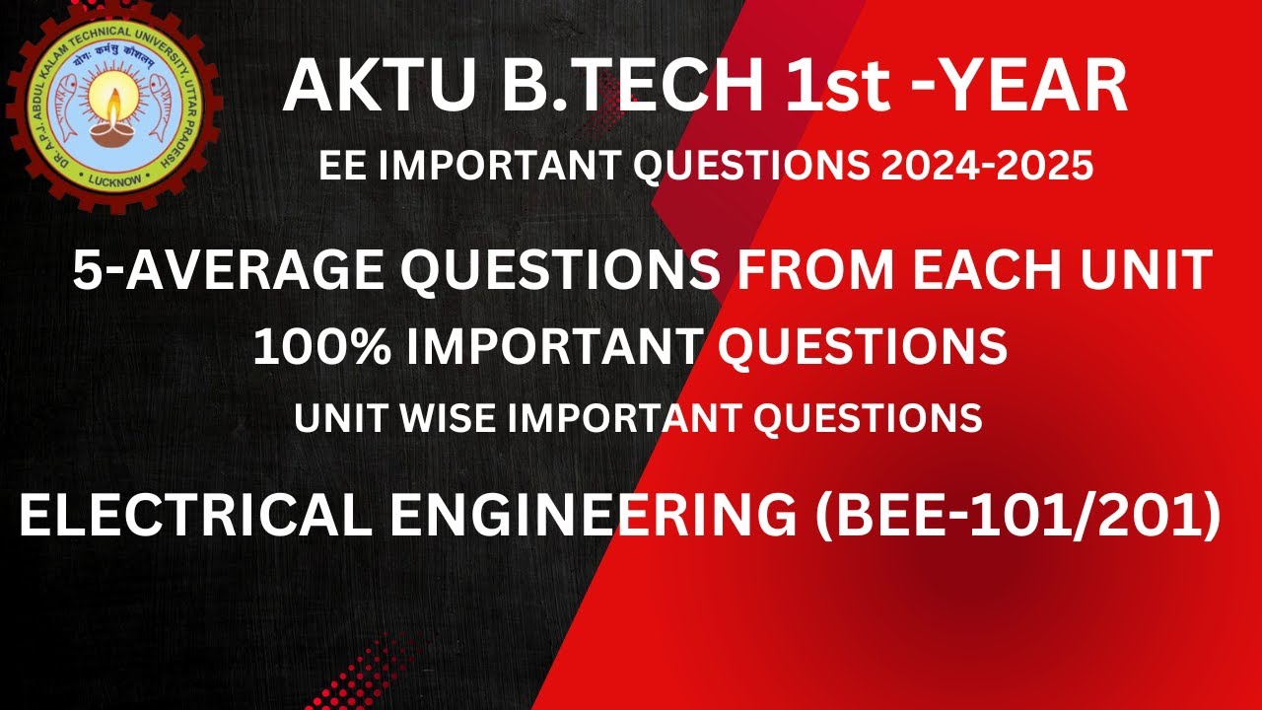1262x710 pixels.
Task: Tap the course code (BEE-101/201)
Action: tap(1017, 517)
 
